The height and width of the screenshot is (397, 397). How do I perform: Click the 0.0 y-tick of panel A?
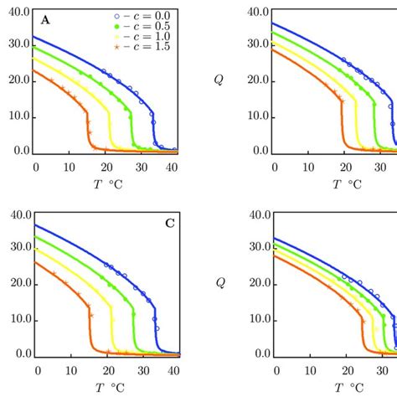click(18, 152)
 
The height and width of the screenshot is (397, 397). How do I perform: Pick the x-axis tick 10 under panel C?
click(70, 371)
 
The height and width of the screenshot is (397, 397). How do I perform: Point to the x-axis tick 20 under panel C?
click(105, 371)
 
